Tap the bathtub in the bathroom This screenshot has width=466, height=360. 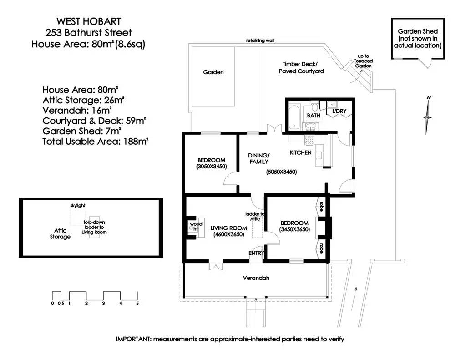294,117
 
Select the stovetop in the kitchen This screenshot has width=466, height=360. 309,140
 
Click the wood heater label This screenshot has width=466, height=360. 196,226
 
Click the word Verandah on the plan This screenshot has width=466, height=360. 256,278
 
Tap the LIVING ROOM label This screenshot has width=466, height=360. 228,228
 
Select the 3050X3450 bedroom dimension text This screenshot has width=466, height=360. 211,167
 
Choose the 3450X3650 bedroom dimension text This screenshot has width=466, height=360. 294,229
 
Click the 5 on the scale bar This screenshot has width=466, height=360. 137,304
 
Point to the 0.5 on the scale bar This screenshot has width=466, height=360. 61,304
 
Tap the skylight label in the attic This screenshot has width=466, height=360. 78,205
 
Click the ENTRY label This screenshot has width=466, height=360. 256,253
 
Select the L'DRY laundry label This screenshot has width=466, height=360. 339,111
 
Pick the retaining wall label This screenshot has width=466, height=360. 260,41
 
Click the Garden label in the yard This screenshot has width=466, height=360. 213,72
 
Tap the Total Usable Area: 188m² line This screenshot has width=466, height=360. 96,141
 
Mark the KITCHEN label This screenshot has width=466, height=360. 301,152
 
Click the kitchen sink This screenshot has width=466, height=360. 319,155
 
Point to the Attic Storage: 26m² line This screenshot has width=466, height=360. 83,100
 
